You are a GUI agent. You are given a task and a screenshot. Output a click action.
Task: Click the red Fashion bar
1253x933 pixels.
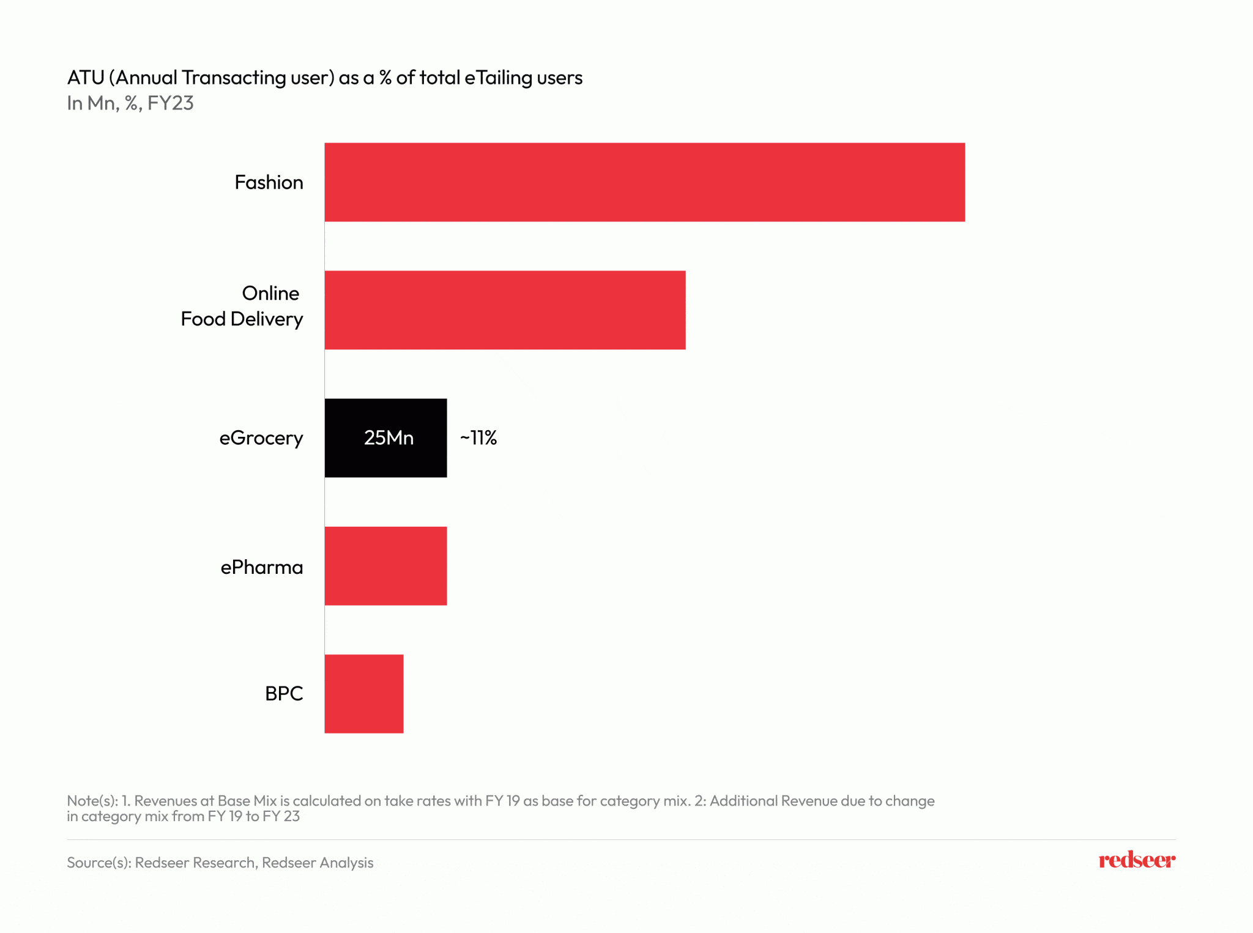coord(644,182)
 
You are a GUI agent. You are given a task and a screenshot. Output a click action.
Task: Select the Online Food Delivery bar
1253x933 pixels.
coord(505,310)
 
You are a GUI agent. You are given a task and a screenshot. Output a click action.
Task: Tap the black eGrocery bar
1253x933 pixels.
coord(385,438)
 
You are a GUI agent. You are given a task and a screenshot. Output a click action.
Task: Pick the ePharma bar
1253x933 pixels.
coord(385,566)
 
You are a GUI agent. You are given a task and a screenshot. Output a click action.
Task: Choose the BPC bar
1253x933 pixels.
coord(364,694)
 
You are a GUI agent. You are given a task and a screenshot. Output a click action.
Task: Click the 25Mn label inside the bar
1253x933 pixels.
coord(389,438)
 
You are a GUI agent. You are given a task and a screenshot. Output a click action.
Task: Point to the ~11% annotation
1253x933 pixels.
coord(478,438)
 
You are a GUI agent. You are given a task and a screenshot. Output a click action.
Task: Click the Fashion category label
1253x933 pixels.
coord(269,182)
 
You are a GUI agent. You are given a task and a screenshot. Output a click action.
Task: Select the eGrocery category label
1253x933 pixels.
coord(261,439)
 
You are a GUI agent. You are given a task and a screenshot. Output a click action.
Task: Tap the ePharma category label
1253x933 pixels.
coord(262,567)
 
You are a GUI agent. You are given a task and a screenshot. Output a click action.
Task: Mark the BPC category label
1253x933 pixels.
coord(284,694)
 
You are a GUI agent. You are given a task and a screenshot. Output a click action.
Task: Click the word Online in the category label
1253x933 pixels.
coord(270,294)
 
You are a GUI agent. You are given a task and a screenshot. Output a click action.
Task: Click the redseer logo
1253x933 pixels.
coord(1136,860)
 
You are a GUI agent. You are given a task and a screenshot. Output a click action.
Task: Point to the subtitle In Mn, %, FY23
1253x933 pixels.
coord(130,103)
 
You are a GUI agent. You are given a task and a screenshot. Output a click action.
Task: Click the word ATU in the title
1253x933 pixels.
coord(86,78)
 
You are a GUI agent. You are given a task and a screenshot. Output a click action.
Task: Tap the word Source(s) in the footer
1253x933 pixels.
coord(98,863)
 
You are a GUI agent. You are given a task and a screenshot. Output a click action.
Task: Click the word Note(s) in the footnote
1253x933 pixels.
coord(92,801)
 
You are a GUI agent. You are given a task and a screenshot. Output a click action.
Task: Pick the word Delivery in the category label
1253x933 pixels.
coord(267,319)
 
